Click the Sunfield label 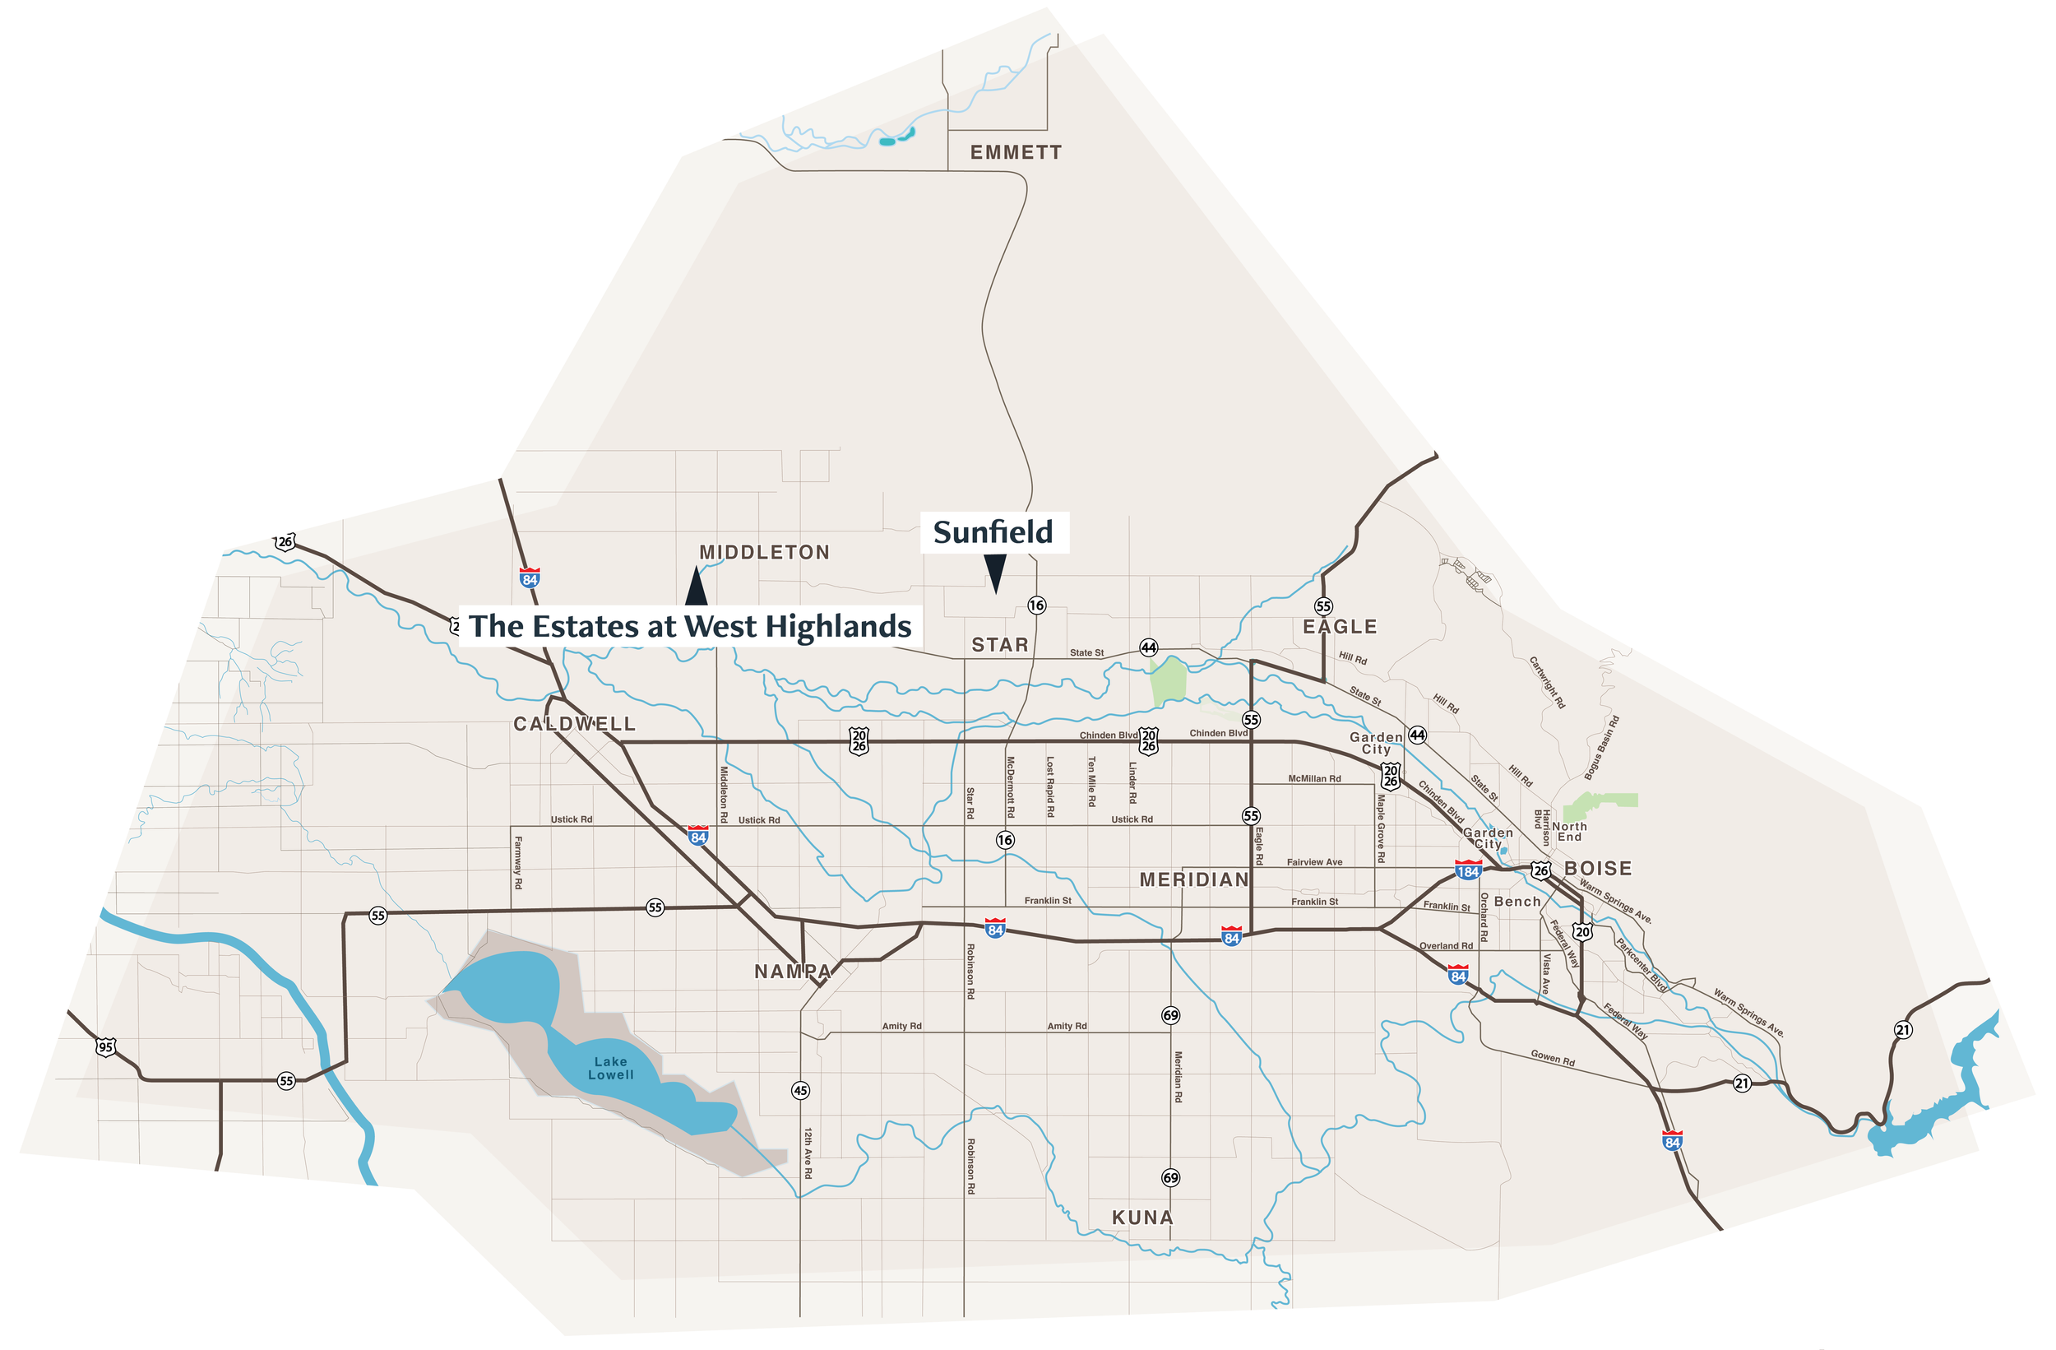(x=993, y=532)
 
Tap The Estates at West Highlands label (x=689, y=627)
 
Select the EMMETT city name (x=1016, y=153)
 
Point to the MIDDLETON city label (x=765, y=553)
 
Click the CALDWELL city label (x=575, y=724)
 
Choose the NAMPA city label (x=792, y=972)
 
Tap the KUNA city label (x=1142, y=1218)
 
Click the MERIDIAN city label (x=1194, y=879)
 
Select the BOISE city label (x=1598, y=869)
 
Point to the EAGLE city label (x=1340, y=628)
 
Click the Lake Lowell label (x=611, y=1069)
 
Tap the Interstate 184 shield (x=1468, y=870)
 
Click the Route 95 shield (x=105, y=1047)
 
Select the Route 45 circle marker (x=801, y=1091)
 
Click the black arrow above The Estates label (x=697, y=587)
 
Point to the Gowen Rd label (x=1553, y=1058)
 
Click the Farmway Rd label (x=517, y=861)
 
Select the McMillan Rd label (x=1314, y=779)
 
